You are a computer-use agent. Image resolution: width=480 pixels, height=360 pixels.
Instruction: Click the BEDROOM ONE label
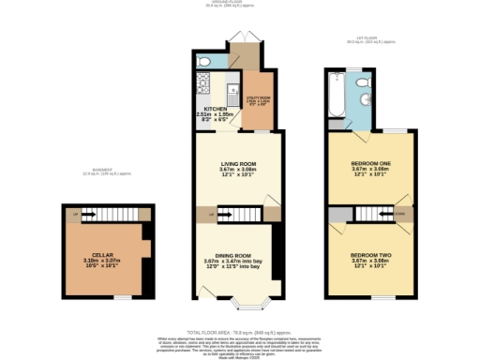370,163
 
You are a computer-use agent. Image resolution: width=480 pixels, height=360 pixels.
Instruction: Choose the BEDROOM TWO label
370,255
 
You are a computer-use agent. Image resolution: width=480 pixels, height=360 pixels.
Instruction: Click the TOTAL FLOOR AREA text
240,332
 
